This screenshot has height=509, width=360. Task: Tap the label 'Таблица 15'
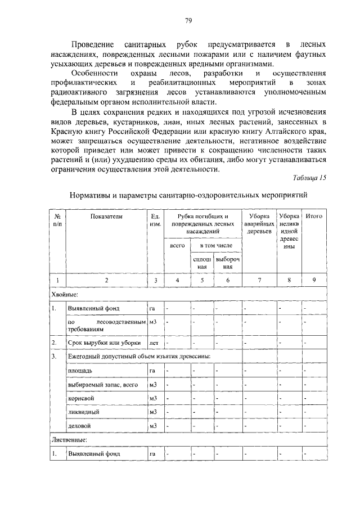[309, 178]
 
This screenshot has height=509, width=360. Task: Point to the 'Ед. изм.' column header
[156, 220]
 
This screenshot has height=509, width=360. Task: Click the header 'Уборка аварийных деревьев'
[259, 223]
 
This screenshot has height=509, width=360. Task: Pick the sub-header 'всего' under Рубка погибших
[177, 246]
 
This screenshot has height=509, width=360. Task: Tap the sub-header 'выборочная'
[227, 263]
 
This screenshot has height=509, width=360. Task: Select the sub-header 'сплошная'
[201, 263]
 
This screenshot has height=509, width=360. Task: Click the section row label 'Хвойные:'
[65, 294]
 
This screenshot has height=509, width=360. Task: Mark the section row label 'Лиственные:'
[70, 439]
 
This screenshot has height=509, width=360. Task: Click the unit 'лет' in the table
[154, 341]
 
